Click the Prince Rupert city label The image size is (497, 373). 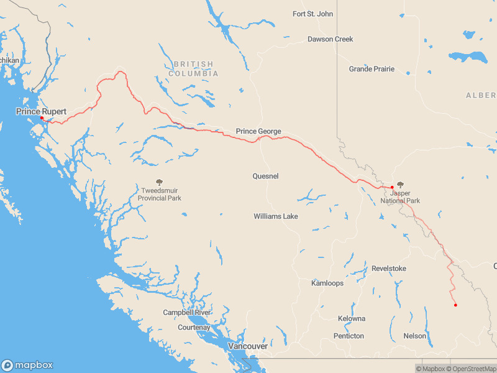(x=41, y=111)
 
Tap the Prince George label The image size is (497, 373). (x=258, y=131)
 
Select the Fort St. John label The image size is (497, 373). (x=312, y=14)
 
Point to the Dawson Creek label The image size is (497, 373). (x=330, y=39)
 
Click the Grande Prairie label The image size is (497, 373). (x=372, y=69)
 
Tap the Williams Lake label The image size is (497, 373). (x=275, y=216)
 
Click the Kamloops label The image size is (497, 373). (x=327, y=283)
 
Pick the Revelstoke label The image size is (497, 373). (x=389, y=269)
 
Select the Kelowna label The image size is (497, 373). (x=352, y=318)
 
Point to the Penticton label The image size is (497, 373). (x=349, y=336)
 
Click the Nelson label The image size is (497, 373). (x=415, y=336)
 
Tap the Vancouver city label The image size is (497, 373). (x=248, y=346)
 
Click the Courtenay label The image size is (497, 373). (x=194, y=327)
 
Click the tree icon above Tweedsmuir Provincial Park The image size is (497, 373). (x=160, y=183)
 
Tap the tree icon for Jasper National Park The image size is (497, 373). (x=400, y=185)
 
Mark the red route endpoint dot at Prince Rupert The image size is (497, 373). (x=42, y=117)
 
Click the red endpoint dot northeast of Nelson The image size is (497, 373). (x=455, y=305)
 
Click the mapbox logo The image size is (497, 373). (x=27, y=365)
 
